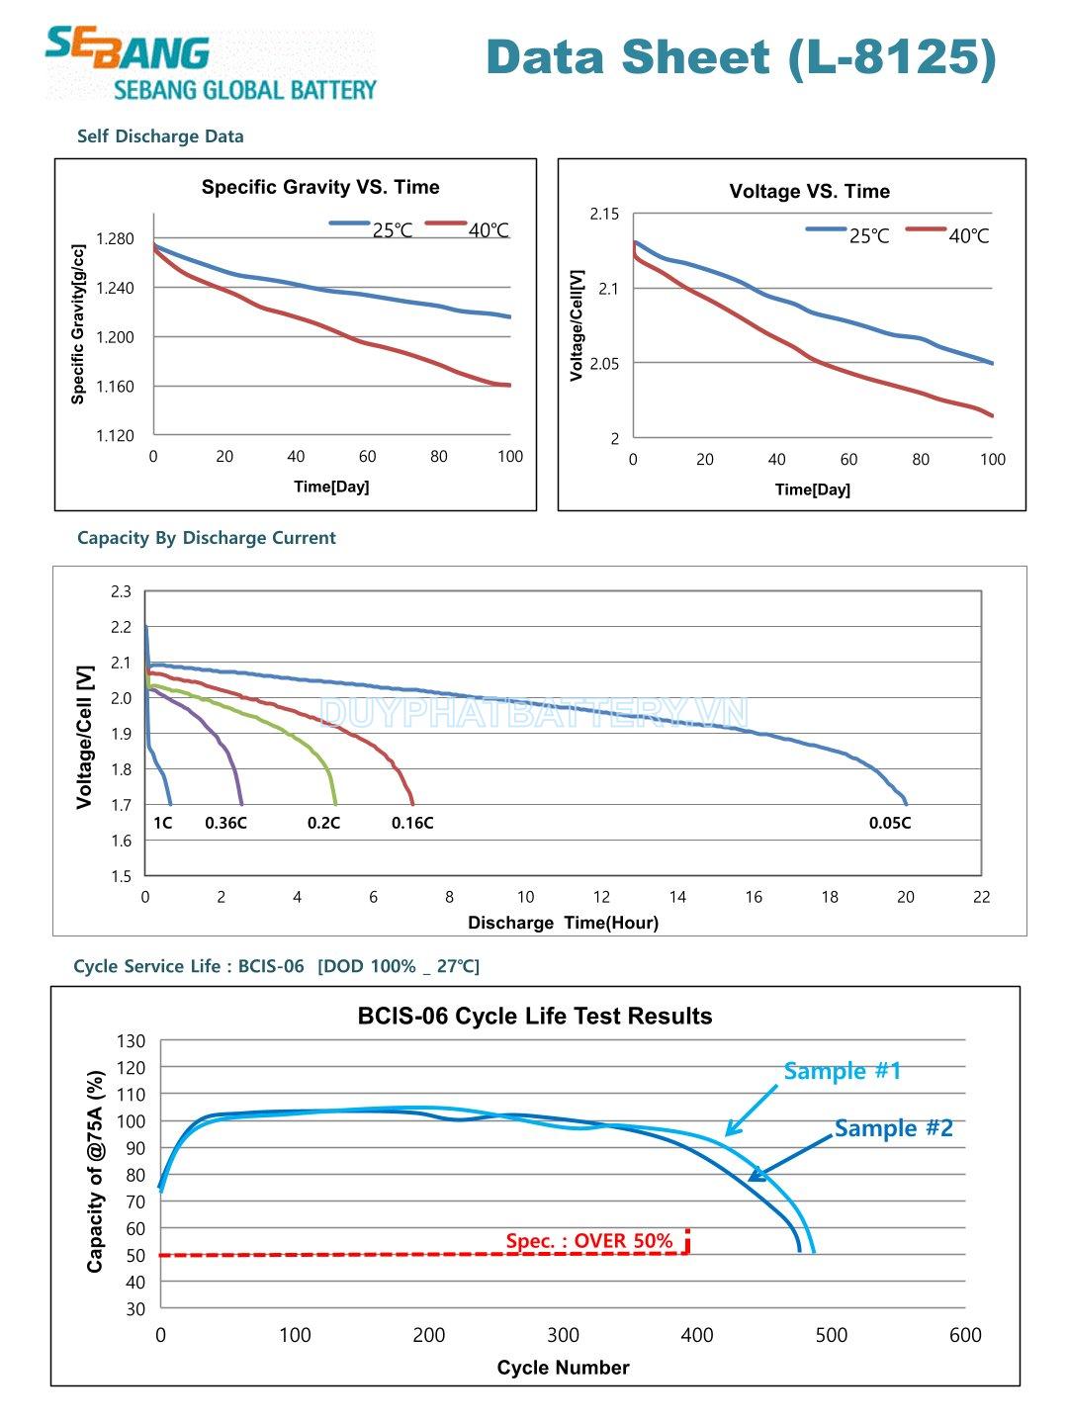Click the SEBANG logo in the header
click(x=211, y=64)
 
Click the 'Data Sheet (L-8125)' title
click(x=741, y=56)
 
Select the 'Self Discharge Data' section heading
click(x=160, y=136)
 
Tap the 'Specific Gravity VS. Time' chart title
click(x=320, y=187)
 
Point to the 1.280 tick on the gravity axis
click(x=115, y=238)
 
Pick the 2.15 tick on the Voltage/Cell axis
click(x=604, y=214)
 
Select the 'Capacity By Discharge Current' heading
click(x=207, y=538)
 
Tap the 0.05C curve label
click(x=890, y=823)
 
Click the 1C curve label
click(x=163, y=823)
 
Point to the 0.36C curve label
click(x=225, y=823)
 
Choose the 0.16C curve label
click(x=412, y=823)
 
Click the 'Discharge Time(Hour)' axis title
click(x=563, y=923)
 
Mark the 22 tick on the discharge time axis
click(x=981, y=897)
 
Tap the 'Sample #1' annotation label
click(x=842, y=1071)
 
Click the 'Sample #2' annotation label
click(x=893, y=1128)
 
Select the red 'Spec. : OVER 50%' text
click(x=588, y=1241)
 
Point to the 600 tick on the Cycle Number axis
click(x=965, y=1335)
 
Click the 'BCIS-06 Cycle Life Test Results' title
click(x=535, y=1017)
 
